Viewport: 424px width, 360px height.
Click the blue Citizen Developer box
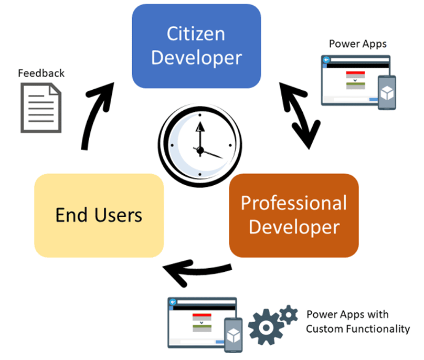[196, 46]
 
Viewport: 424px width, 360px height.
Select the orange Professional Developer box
[294, 215]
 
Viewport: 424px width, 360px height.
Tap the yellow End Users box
[99, 215]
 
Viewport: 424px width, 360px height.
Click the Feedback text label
[41, 73]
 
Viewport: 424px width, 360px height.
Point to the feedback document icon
[41, 108]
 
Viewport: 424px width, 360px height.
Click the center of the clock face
[200, 150]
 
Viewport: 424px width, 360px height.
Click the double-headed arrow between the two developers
[300, 115]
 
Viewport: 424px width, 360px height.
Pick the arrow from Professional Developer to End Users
[197, 271]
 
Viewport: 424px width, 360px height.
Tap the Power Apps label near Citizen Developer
[358, 44]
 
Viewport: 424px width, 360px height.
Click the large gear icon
[266, 327]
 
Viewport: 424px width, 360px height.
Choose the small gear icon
[289, 314]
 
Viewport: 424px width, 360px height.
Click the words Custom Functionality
[358, 329]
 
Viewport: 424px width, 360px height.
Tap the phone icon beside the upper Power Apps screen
[387, 92]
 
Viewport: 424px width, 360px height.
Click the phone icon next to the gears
[234, 335]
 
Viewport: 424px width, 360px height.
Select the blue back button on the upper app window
[326, 59]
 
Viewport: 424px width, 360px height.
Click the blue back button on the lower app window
[173, 302]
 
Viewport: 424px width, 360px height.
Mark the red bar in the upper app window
[355, 73]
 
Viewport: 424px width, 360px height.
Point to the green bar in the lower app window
[202, 326]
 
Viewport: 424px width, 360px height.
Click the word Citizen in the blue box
[196, 34]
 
